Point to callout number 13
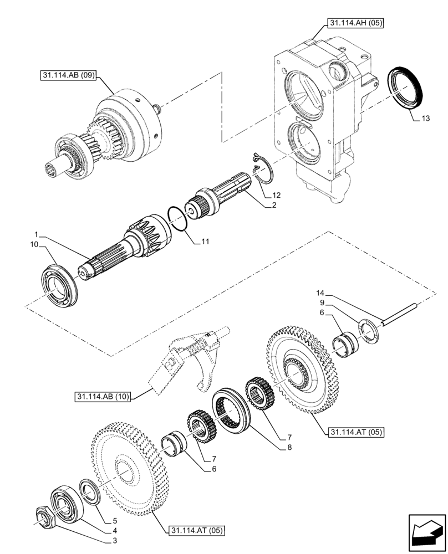(425, 119)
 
